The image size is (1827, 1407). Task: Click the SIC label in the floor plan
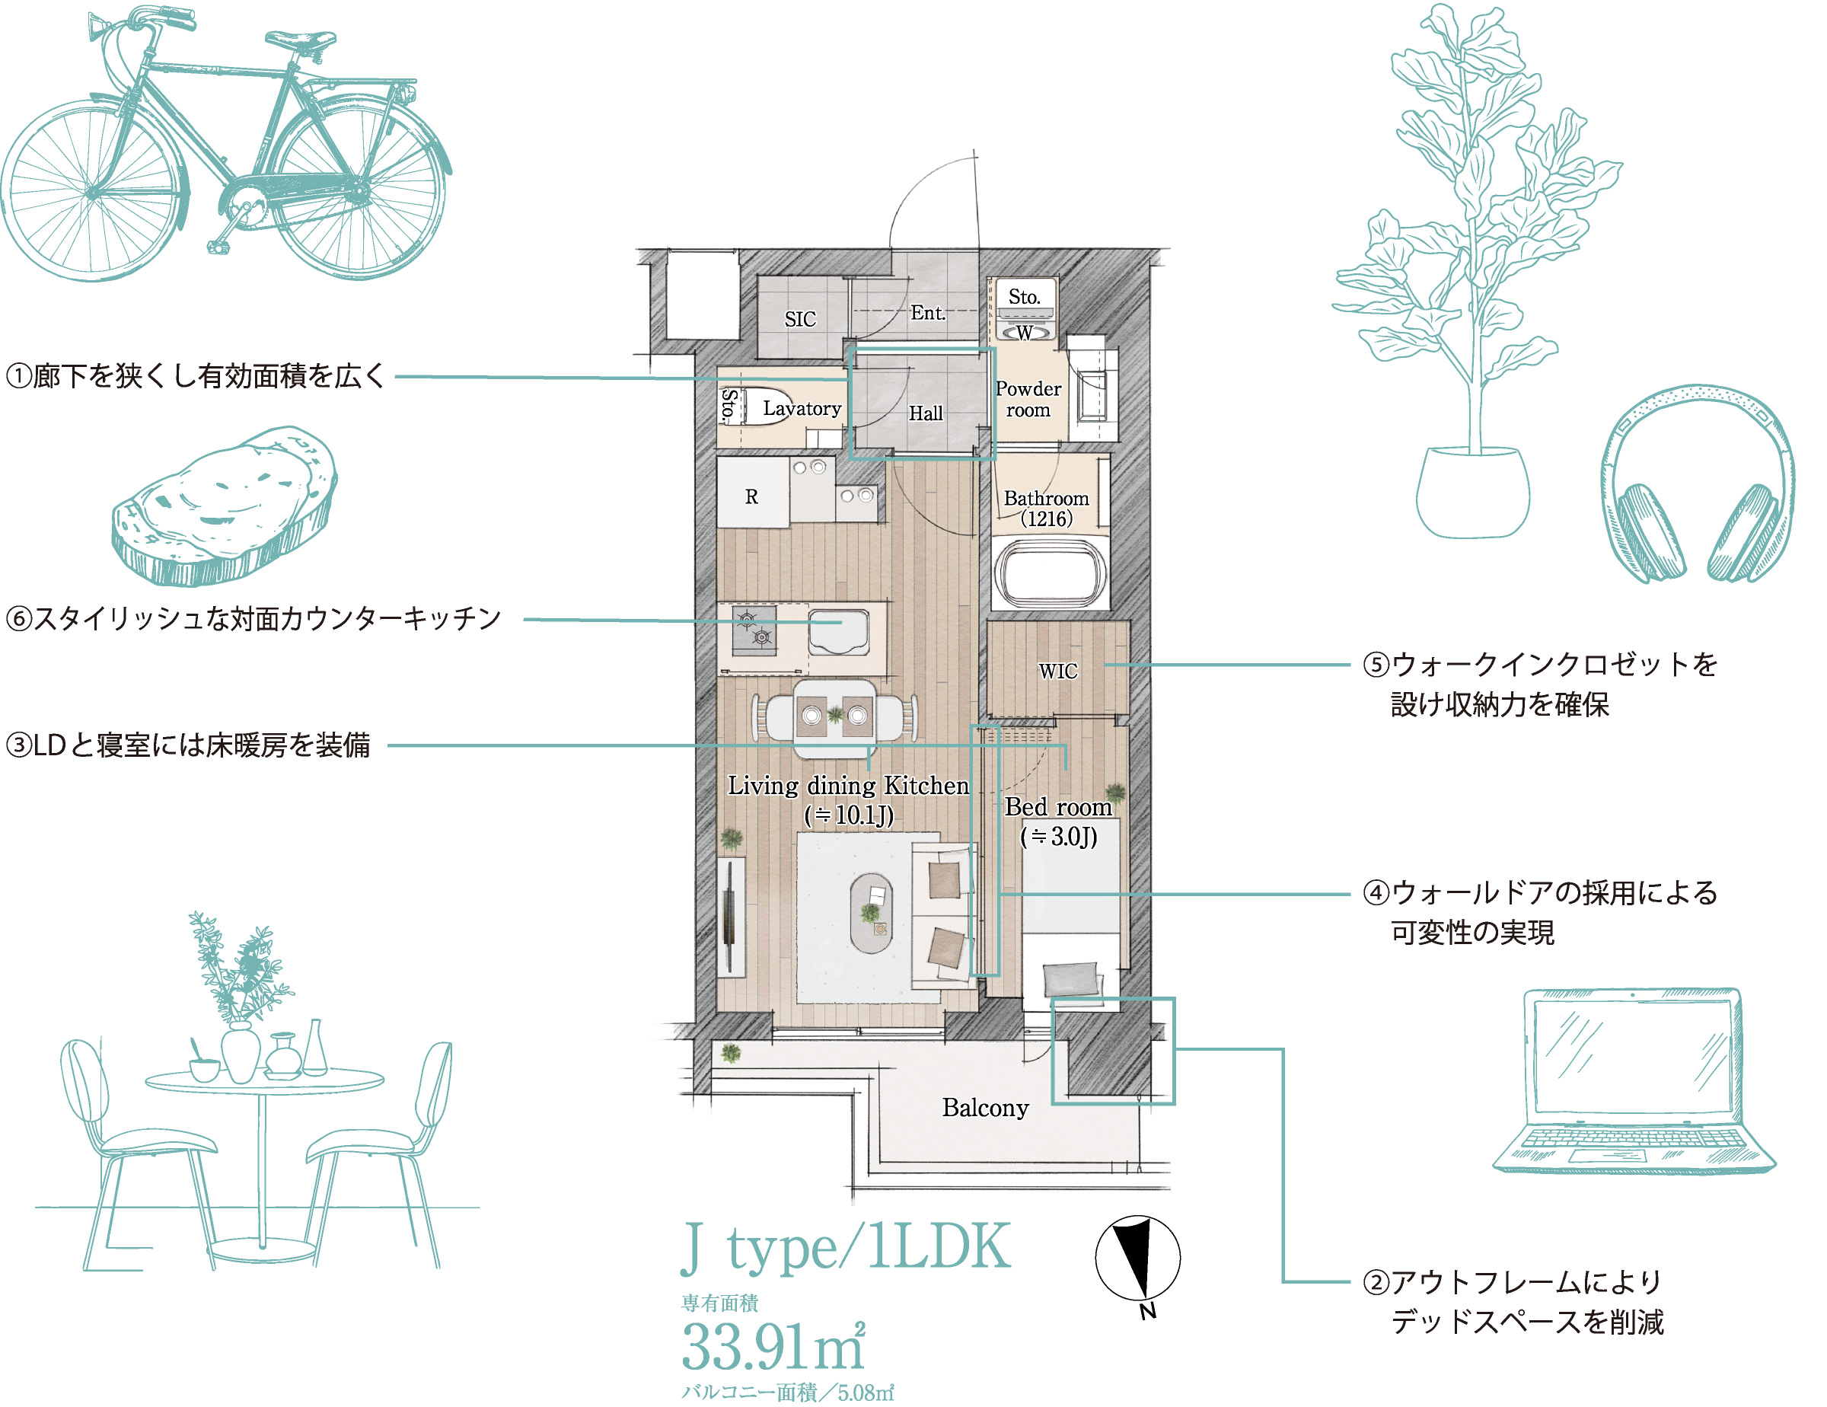tap(800, 319)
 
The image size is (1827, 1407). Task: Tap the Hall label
tap(925, 413)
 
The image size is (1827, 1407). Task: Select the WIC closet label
tap(1057, 671)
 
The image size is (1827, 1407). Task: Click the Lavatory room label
tap(802, 408)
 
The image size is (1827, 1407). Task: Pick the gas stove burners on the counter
tap(754, 630)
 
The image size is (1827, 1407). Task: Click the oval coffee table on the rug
tap(872, 913)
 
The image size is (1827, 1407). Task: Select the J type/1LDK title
tap(846, 1248)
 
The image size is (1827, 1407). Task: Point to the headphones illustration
tap(1698, 483)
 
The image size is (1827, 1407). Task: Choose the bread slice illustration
tap(225, 506)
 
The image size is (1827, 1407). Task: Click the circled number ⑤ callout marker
tap(1376, 664)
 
